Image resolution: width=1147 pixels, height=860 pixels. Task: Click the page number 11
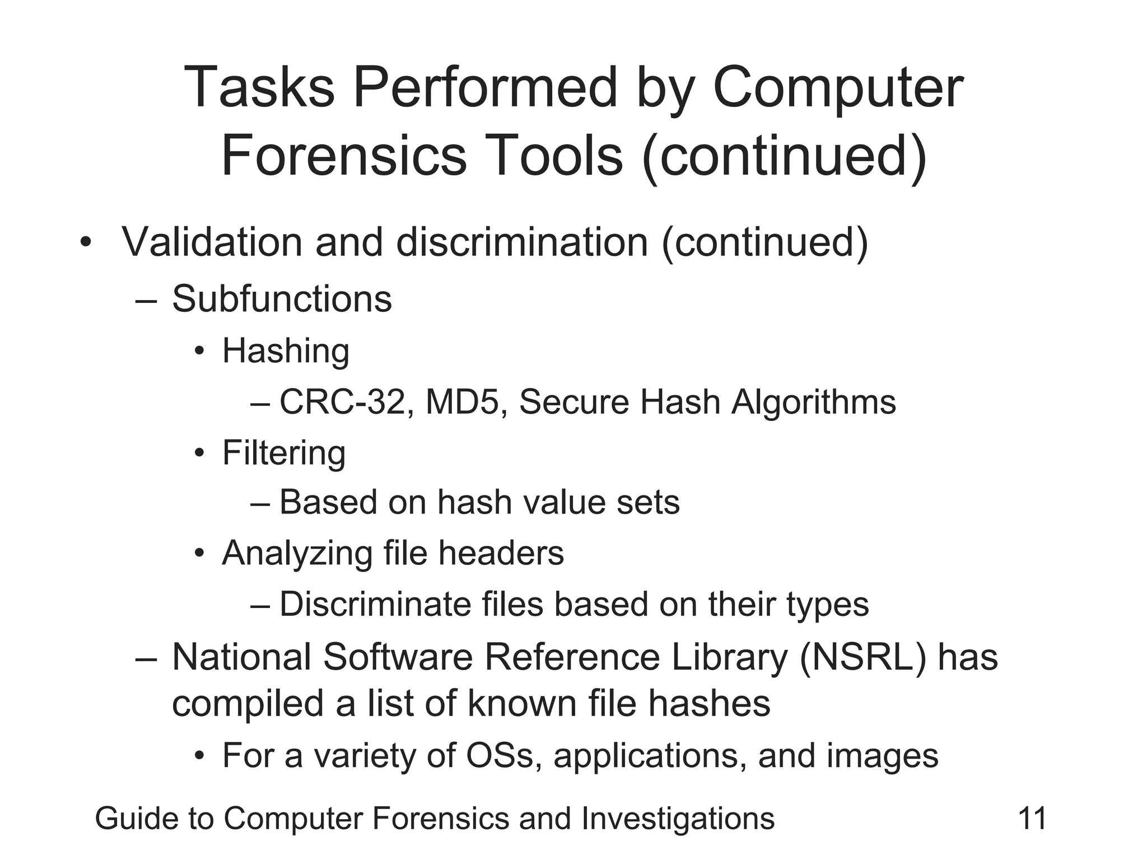coord(1032,819)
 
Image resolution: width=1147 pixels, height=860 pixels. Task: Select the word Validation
coord(212,242)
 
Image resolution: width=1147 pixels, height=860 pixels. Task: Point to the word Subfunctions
coord(282,298)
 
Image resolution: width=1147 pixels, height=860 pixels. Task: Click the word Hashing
coord(286,351)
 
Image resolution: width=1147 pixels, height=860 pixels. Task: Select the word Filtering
coord(284,453)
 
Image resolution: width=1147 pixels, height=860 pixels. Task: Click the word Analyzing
coord(296,554)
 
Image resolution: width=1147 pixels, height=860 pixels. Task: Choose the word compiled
coord(248,704)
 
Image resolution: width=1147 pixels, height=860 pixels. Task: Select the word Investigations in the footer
coord(678,819)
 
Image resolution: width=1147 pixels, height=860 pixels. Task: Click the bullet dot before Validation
coord(85,243)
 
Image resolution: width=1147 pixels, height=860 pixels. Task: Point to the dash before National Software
coord(144,658)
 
